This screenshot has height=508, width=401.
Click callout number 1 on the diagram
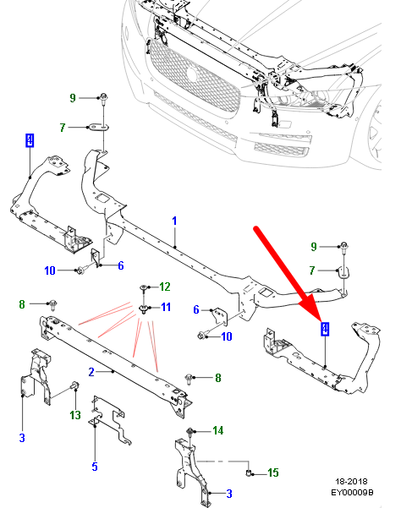(x=174, y=221)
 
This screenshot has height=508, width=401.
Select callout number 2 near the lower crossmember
(x=91, y=370)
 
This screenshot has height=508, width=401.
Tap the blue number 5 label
(x=95, y=466)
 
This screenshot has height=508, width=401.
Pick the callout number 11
(x=166, y=306)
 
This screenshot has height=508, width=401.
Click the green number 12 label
(x=165, y=287)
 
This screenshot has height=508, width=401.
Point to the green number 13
(x=75, y=414)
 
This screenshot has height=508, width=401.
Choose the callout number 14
(x=218, y=431)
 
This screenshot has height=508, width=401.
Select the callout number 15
(x=272, y=472)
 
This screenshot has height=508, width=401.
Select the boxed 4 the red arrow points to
(x=325, y=329)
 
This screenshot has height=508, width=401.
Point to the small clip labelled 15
(x=251, y=470)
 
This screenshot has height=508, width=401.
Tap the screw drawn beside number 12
(x=144, y=289)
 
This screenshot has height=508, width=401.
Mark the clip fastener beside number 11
(x=144, y=308)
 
